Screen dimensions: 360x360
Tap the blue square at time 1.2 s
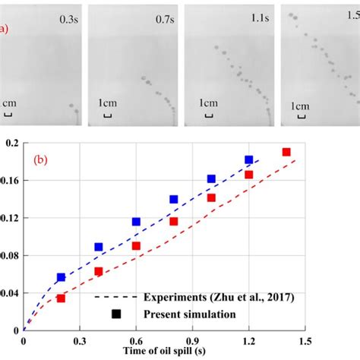249,160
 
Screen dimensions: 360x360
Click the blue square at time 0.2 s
62,277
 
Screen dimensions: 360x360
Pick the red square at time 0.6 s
137,245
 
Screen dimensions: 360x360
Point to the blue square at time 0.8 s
174,200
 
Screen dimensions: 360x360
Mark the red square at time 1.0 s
211,197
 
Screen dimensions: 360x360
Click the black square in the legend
116,313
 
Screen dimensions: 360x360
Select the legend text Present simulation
175,314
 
